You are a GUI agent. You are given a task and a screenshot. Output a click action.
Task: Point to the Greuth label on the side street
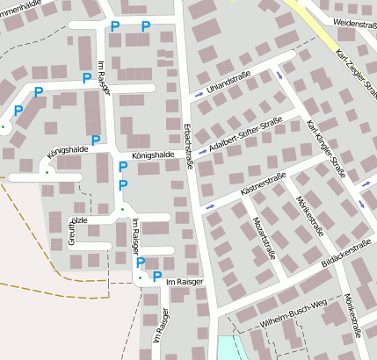73,227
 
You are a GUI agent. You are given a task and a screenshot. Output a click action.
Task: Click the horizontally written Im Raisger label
185,282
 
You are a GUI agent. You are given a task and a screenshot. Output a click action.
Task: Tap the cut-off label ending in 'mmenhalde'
19,4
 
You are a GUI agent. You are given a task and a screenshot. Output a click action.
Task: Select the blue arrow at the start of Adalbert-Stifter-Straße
203,151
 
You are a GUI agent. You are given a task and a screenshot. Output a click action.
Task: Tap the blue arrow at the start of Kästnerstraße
209,206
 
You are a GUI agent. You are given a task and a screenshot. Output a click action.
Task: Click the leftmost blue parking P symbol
18,112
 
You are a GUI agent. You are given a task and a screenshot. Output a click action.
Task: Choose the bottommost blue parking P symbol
156,277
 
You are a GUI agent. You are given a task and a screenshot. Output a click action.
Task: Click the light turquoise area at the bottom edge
228,348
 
